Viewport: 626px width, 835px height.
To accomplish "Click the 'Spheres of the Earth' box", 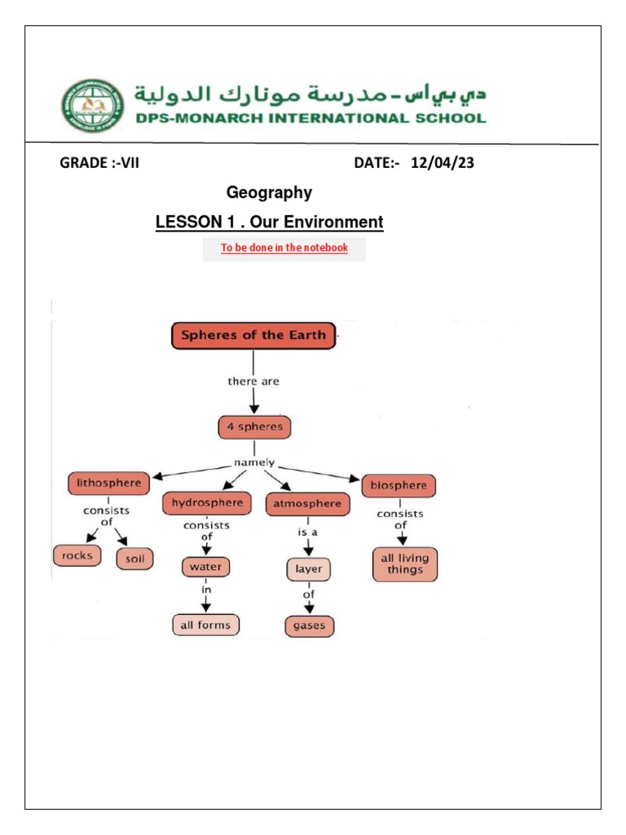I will (253, 335).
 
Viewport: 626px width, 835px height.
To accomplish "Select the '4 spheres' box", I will (254, 427).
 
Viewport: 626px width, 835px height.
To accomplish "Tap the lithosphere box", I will (108, 484).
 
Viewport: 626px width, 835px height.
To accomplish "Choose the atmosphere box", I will (307, 504).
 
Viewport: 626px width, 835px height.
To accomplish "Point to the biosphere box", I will (399, 486).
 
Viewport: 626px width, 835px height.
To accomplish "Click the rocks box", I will (78, 556).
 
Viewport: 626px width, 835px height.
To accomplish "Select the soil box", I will (134, 559).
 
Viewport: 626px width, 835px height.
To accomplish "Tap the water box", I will (206, 566).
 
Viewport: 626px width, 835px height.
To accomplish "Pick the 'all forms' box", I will (205, 625).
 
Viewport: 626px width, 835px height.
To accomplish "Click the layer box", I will (309, 570).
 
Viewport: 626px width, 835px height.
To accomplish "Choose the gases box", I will (310, 626).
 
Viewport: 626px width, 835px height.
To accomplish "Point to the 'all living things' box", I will (405, 563).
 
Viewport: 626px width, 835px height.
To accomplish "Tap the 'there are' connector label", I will (253, 381).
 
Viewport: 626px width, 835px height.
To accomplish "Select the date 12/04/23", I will (443, 163).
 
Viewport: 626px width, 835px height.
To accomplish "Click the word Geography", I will (269, 192).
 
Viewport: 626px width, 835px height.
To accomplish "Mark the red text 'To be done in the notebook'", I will (284, 248).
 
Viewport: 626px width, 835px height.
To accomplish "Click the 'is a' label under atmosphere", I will (308, 531).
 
